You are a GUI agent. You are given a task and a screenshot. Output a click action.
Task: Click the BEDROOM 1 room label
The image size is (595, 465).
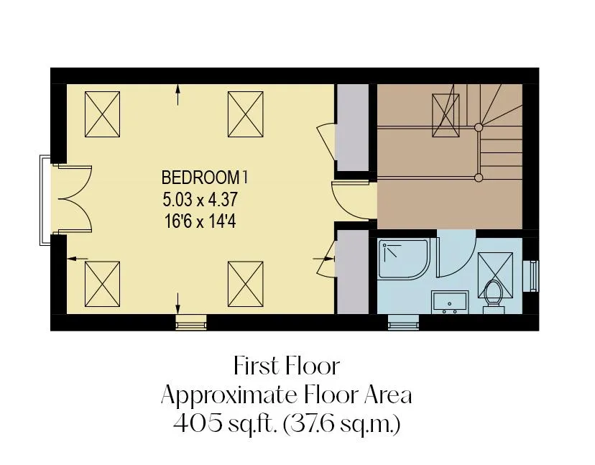tap(205, 178)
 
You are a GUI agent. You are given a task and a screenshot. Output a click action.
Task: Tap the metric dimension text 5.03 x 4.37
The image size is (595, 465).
tap(200, 199)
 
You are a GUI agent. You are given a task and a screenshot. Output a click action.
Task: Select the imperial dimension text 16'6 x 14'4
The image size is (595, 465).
tap(200, 221)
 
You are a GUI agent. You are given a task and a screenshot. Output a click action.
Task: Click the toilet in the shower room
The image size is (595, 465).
tap(493, 296)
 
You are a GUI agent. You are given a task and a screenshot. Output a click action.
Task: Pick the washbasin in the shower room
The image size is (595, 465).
tap(450, 302)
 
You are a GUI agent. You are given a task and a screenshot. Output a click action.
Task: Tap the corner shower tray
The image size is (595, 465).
tap(404, 259)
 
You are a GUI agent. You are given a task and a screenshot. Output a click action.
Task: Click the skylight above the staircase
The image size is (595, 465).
tap(446, 115)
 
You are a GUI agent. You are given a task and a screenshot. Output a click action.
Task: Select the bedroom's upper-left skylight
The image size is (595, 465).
tap(102, 114)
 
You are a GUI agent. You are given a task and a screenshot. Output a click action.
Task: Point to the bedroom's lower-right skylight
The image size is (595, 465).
tap(246, 284)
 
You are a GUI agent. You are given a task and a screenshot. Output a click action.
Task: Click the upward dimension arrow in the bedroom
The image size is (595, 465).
tap(178, 95)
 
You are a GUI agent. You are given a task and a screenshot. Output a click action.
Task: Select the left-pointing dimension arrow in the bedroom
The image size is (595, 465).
tap(78, 259)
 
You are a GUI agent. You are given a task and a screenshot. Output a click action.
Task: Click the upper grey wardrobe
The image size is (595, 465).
tap(353, 127)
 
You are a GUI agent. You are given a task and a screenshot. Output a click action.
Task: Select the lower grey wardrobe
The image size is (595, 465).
tap(353, 272)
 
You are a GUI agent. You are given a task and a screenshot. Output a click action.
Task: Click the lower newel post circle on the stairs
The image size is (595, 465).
tap(479, 177)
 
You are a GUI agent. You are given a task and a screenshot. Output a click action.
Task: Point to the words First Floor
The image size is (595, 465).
tap(287, 367)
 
